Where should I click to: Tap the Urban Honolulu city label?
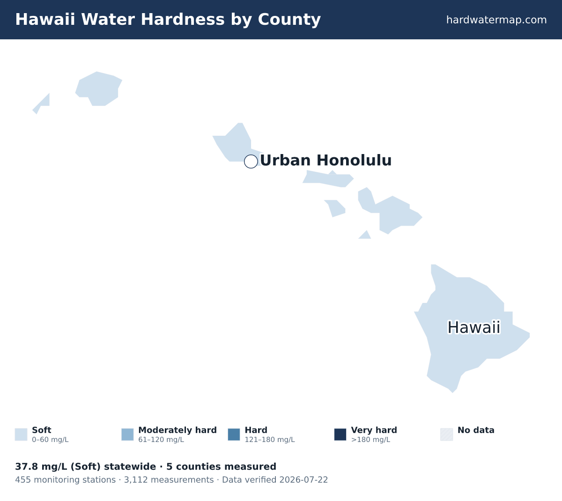(325, 160)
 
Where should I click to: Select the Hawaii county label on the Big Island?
(474, 327)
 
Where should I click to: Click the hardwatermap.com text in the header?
(496, 20)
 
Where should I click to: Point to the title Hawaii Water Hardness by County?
(168, 20)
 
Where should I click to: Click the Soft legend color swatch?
(21, 435)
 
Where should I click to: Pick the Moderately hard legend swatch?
(127, 435)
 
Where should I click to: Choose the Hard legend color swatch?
(234, 435)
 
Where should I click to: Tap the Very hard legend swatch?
(340, 435)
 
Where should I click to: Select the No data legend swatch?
(447, 435)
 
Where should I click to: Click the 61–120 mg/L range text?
(161, 440)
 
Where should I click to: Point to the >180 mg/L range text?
(370, 440)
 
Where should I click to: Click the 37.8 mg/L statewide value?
(41, 467)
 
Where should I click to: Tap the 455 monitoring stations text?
(65, 480)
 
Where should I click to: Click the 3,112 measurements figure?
(169, 480)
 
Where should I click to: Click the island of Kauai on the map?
(99, 89)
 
